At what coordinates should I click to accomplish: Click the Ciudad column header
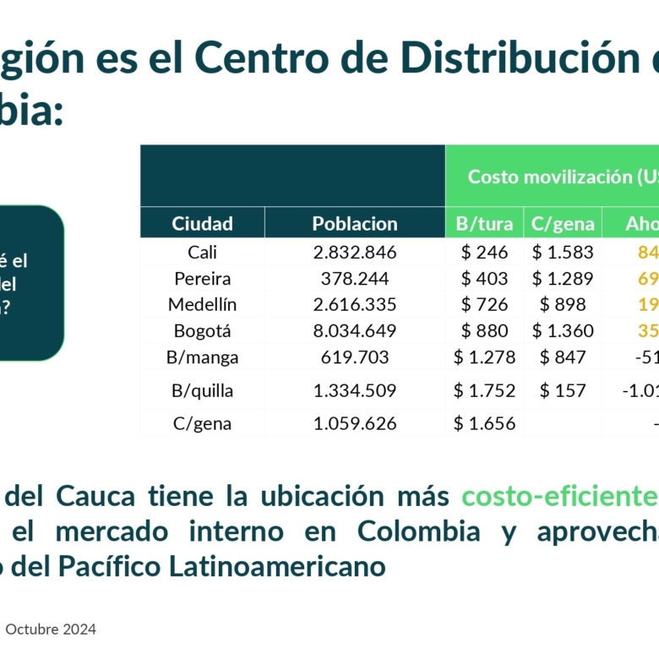(x=202, y=224)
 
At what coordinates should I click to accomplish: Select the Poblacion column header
(x=355, y=224)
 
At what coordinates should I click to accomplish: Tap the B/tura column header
(x=484, y=224)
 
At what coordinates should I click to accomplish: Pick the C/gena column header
(x=563, y=224)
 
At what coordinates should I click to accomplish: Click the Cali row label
(x=202, y=252)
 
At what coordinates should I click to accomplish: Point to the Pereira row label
(x=202, y=278)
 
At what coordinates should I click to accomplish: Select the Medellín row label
(x=202, y=304)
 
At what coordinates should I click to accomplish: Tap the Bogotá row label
(x=202, y=330)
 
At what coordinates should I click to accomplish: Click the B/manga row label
(x=202, y=357)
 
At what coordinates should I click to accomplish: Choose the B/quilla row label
(x=202, y=390)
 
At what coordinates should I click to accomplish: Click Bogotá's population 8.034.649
(x=355, y=330)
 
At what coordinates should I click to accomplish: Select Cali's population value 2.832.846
(x=355, y=252)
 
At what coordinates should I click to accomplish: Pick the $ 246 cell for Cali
(x=484, y=252)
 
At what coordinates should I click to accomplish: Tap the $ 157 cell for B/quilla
(x=563, y=390)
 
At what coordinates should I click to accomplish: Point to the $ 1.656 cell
(x=484, y=423)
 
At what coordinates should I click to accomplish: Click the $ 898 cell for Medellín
(x=563, y=304)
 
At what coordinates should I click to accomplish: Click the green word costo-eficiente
(x=558, y=496)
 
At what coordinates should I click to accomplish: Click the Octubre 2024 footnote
(x=51, y=629)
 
